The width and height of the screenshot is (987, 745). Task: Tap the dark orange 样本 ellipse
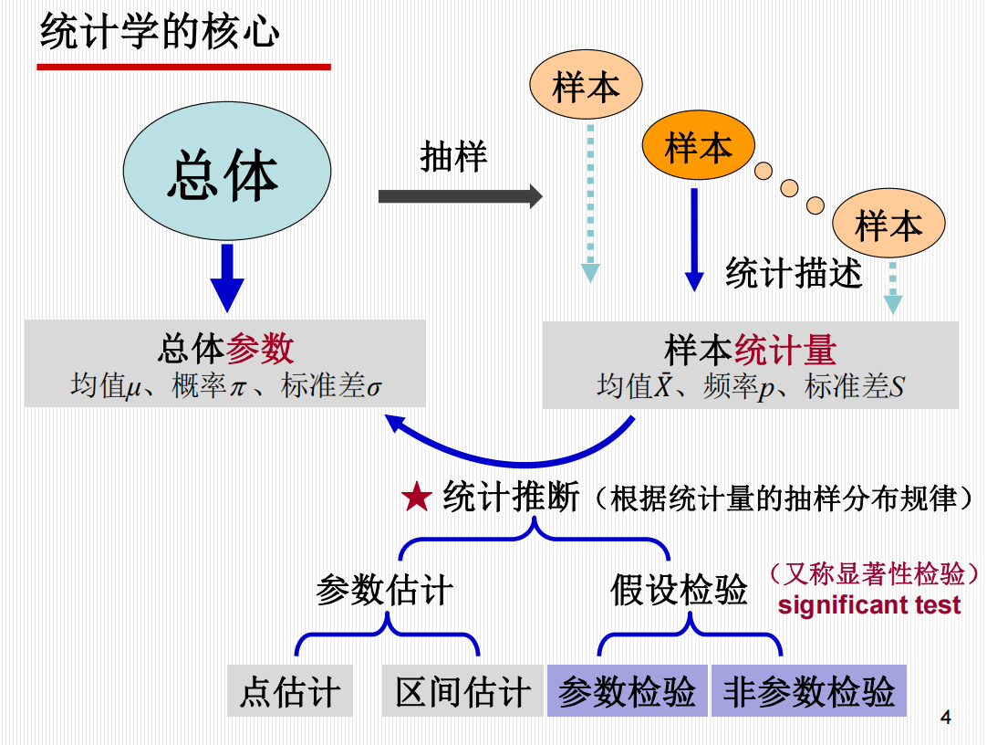click(x=699, y=146)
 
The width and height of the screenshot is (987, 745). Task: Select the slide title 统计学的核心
click(x=160, y=34)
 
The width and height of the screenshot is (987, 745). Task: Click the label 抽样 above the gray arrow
click(x=453, y=156)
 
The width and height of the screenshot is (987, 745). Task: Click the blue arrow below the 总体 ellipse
click(x=227, y=278)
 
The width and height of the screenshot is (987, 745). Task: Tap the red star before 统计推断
click(x=417, y=498)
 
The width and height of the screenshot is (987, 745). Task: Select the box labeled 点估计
click(x=290, y=691)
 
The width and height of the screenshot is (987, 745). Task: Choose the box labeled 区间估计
click(x=462, y=691)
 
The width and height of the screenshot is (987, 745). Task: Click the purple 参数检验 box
click(x=627, y=691)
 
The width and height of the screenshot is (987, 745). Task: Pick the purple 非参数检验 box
click(x=809, y=691)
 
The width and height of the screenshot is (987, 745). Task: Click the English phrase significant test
click(x=869, y=605)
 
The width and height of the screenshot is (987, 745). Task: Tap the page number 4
click(x=945, y=718)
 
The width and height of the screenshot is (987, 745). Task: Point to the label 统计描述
click(x=793, y=272)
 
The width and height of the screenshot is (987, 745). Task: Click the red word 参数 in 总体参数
click(x=260, y=349)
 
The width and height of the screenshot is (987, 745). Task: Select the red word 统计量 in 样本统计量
click(x=785, y=350)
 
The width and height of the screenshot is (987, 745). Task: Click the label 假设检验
click(x=679, y=591)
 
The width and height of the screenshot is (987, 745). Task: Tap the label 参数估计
click(x=384, y=591)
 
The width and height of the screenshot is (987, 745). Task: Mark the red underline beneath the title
click(x=183, y=67)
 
